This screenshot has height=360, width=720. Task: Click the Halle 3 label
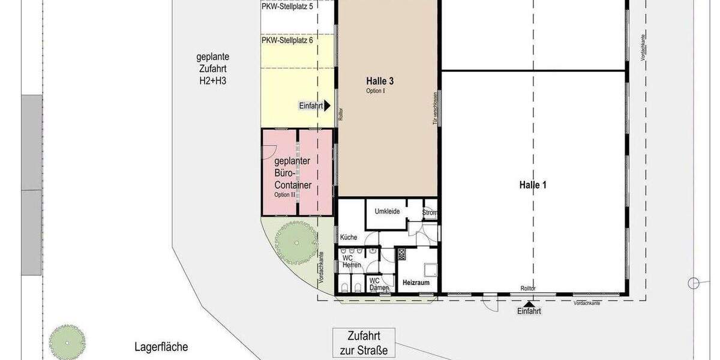tap(383, 80)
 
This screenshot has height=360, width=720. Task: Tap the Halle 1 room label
tap(533, 185)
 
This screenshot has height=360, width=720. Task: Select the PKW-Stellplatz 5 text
tap(287, 7)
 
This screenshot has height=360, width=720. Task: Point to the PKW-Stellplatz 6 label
tap(287, 40)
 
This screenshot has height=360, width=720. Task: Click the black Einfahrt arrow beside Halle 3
tap(327, 106)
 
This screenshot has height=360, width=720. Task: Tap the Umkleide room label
tap(387, 211)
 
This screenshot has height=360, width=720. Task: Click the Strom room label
tap(430, 212)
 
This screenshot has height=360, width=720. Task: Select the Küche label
tap(349, 238)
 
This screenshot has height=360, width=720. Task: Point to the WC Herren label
tap(351, 261)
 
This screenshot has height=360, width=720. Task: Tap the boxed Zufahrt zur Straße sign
tap(364, 343)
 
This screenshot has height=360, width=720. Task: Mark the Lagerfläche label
tap(161, 347)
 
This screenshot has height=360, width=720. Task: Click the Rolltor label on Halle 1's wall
tap(527, 289)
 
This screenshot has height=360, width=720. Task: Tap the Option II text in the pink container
tap(286, 195)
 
